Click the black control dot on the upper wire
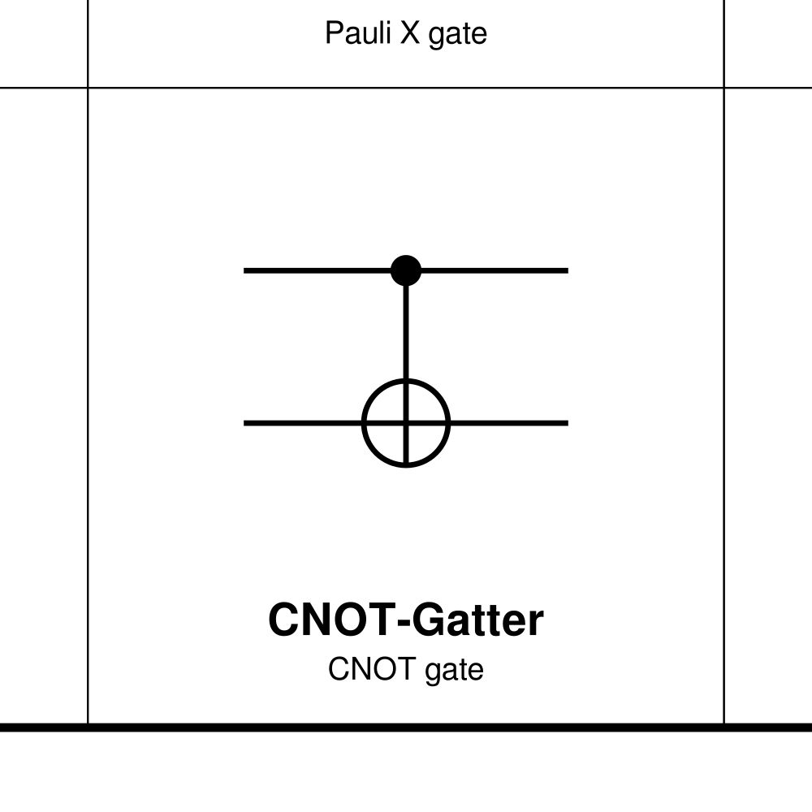pyautogui.click(x=406, y=270)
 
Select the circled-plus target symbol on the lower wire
pyautogui.click(x=406, y=423)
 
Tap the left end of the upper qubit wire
pyautogui.click(x=246, y=270)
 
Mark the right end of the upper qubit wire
pyautogui.click(x=566, y=270)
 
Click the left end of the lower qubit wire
pyautogui.click(x=246, y=423)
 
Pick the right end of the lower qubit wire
pyautogui.click(x=566, y=423)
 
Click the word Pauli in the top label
pyautogui.click(x=351, y=34)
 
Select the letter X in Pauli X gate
pyautogui.click(x=400, y=34)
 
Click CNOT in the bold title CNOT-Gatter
pyautogui.click(x=330, y=620)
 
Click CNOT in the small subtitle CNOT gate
pyautogui.click(x=365, y=670)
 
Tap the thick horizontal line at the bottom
pyautogui.click(x=406, y=728)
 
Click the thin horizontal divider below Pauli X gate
pyautogui.click(x=406, y=87)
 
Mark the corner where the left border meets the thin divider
pyautogui.click(x=88, y=87)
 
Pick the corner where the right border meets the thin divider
pyautogui.click(x=723, y=87)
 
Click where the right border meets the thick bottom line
pyautogui.click(x=723, y=727)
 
